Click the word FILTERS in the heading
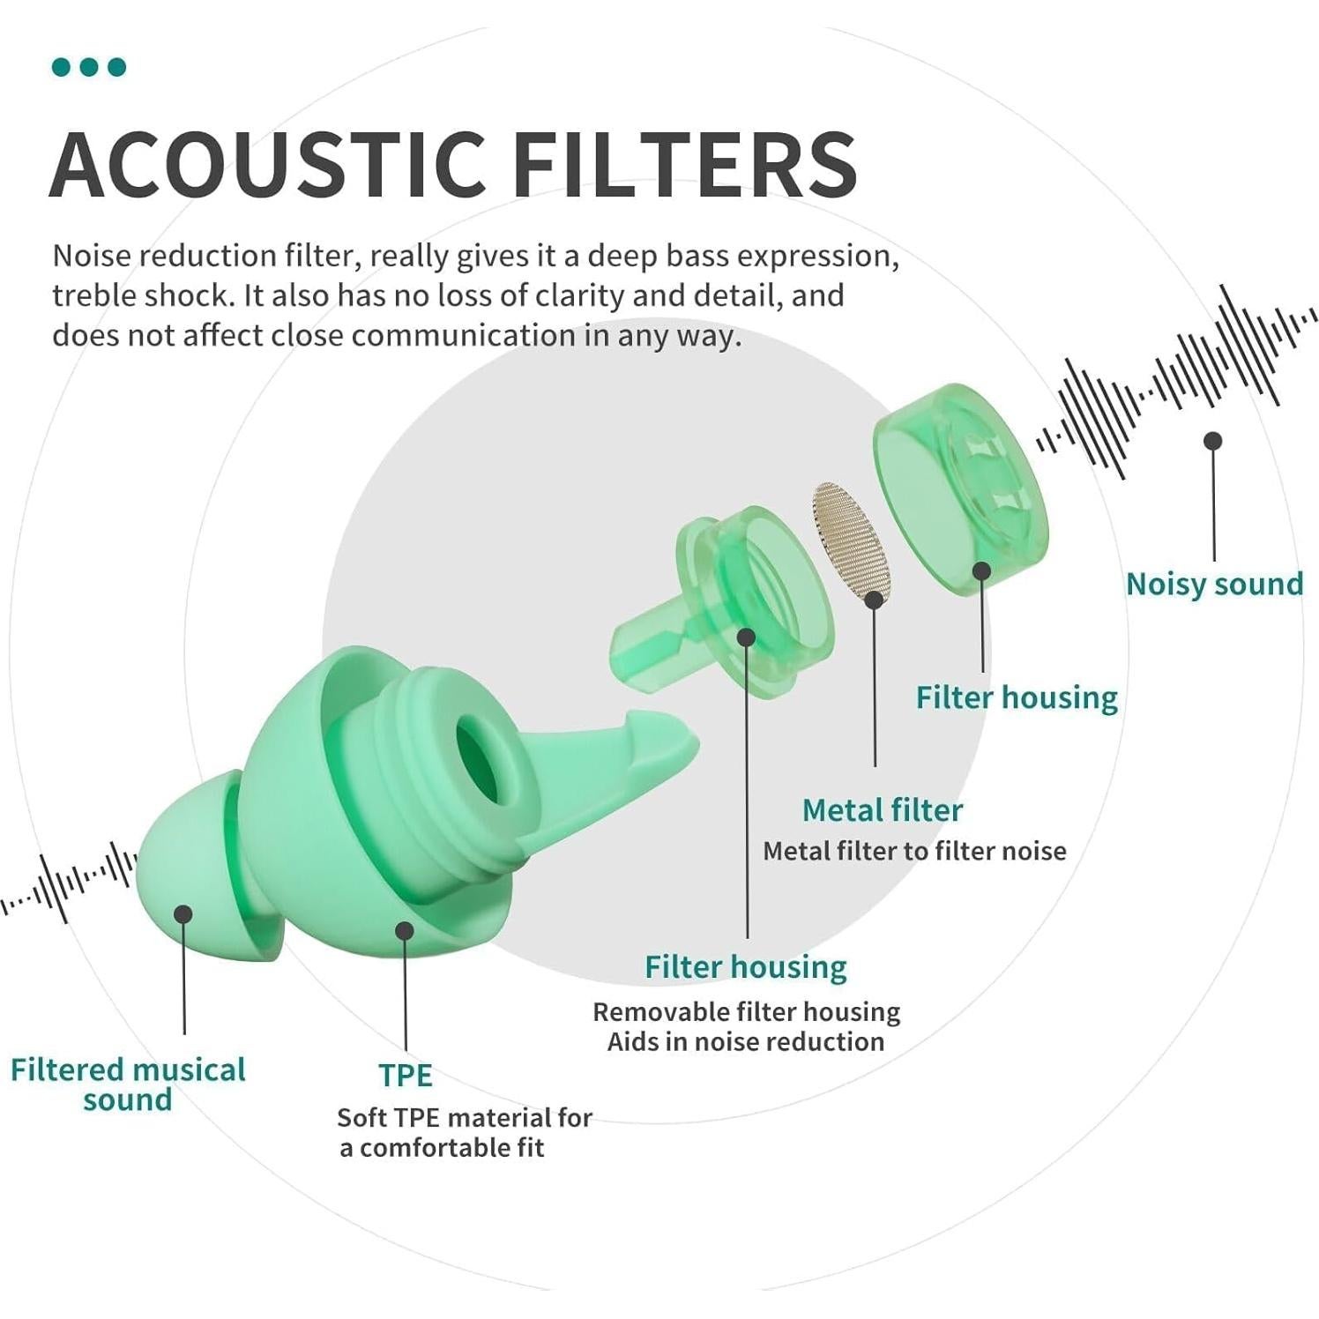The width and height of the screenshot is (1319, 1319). pos(684,165)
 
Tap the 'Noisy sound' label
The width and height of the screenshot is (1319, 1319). pos(1214,584)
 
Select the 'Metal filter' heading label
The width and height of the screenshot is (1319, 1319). pos(882,809)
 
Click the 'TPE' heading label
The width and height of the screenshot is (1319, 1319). pos(406,1075)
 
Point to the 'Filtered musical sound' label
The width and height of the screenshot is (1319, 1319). pos(128,1084)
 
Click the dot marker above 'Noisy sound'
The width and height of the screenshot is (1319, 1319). pos(1213,440)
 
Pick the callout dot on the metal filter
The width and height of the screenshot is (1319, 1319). pos(874,600)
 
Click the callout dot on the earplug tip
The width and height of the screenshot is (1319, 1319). pos(183,913)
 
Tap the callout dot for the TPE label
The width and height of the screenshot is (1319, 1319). pos(405,929)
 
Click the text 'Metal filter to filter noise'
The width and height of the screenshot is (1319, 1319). pos(914,851)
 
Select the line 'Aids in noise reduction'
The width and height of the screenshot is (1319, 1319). pos(745,1041)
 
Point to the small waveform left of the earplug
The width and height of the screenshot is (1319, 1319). pos(71,882)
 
